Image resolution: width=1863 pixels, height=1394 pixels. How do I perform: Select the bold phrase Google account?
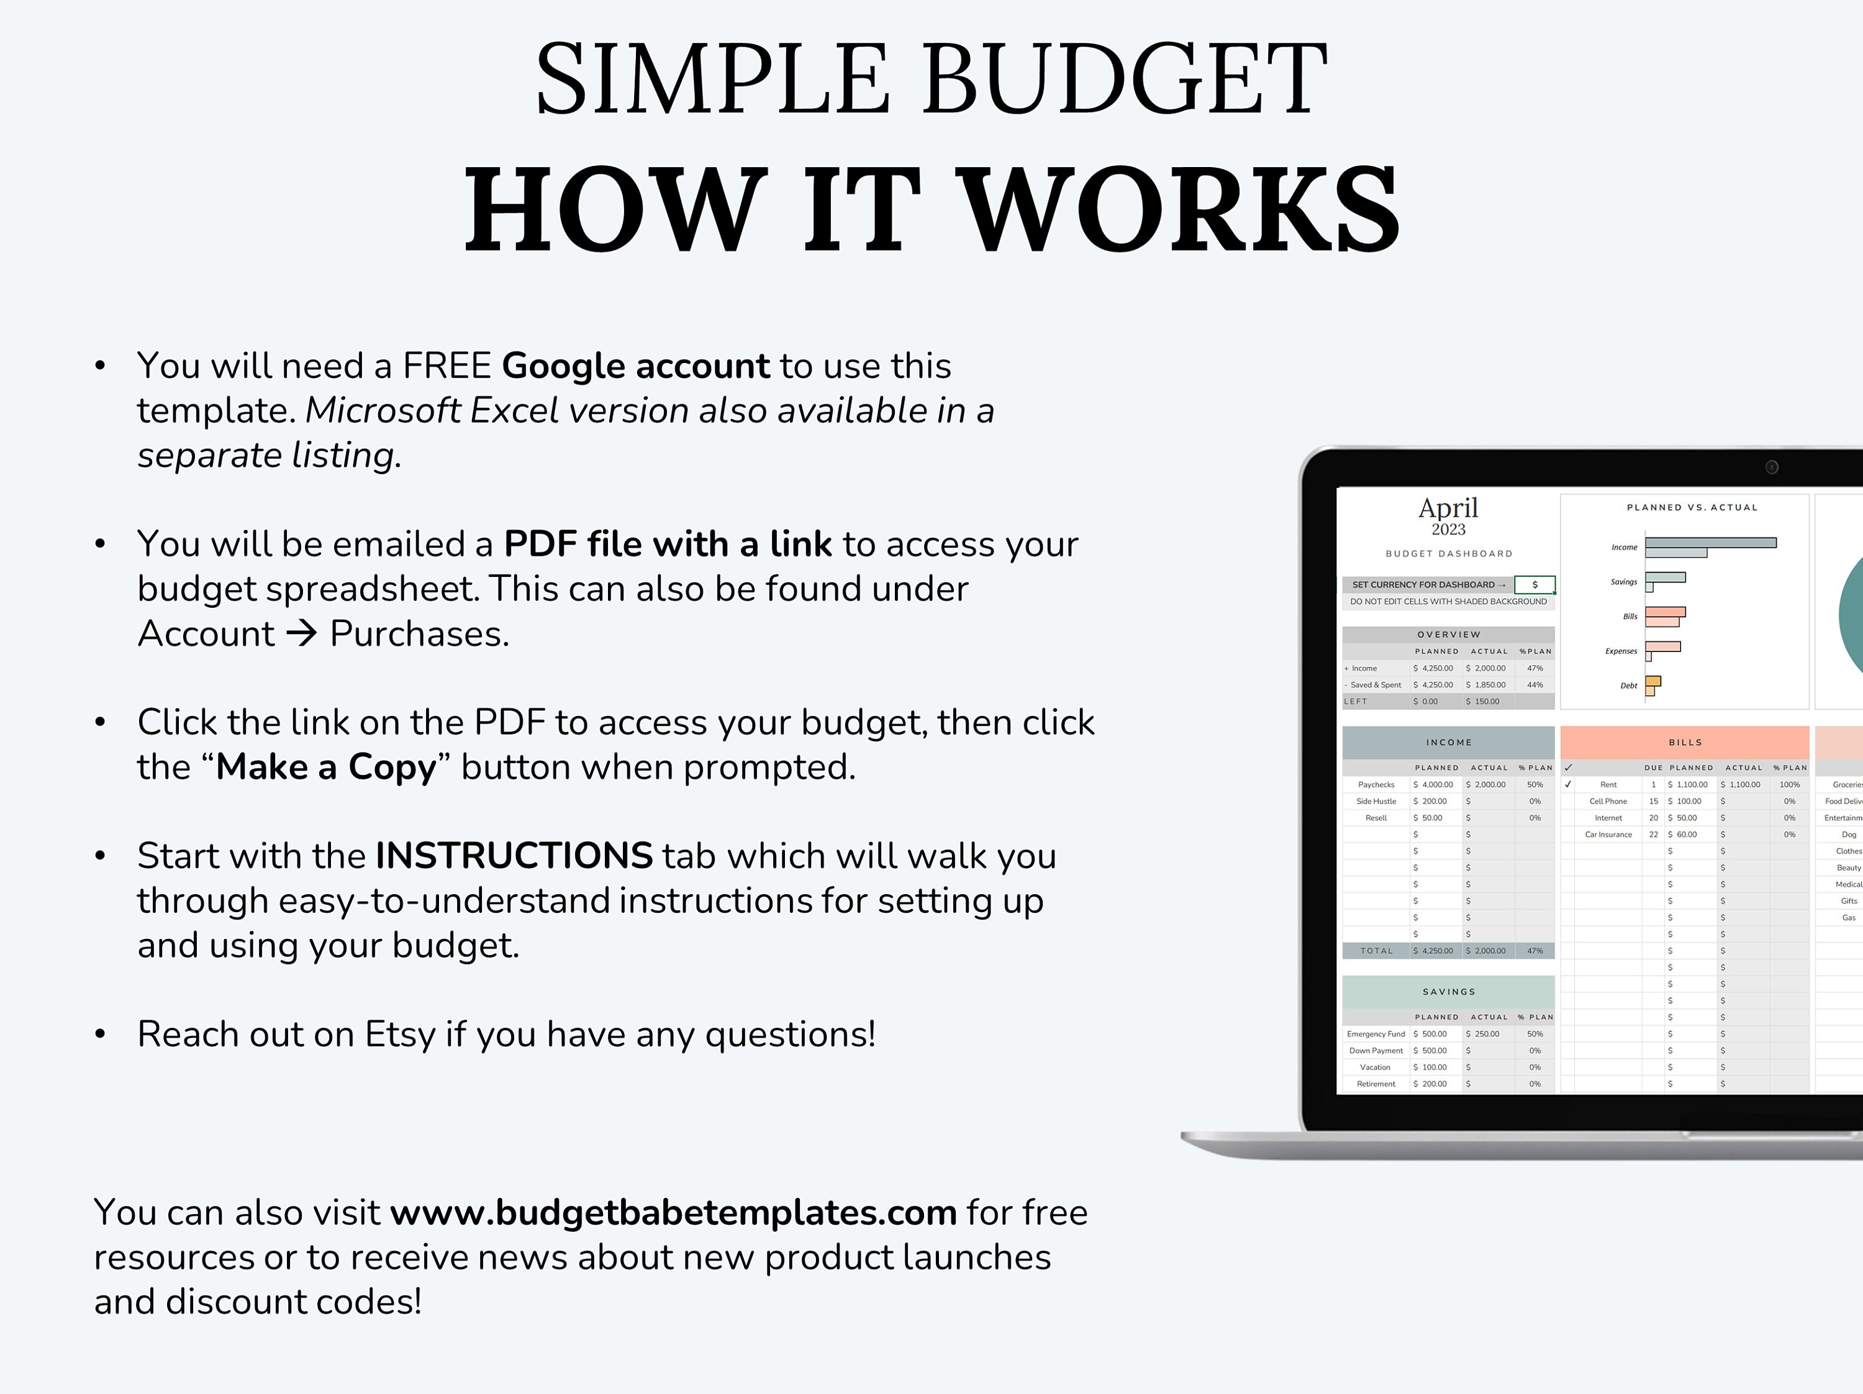635,366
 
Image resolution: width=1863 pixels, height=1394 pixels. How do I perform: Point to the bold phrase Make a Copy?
326,767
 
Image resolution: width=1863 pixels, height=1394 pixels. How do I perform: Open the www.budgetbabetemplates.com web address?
673,1213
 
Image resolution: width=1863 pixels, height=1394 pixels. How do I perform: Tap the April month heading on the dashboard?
1448,508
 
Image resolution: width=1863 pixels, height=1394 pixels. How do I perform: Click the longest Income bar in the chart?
1710,543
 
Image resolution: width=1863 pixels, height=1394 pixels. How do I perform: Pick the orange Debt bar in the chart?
1652,681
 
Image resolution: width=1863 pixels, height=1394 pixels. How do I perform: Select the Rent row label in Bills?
1608,784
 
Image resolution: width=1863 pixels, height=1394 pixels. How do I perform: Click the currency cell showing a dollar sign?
1534,584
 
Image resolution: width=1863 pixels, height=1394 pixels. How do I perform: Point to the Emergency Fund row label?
1376,1033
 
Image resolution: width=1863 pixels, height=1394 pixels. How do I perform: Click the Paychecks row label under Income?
1376,784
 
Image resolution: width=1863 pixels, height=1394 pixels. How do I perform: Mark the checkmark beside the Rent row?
1567,784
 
